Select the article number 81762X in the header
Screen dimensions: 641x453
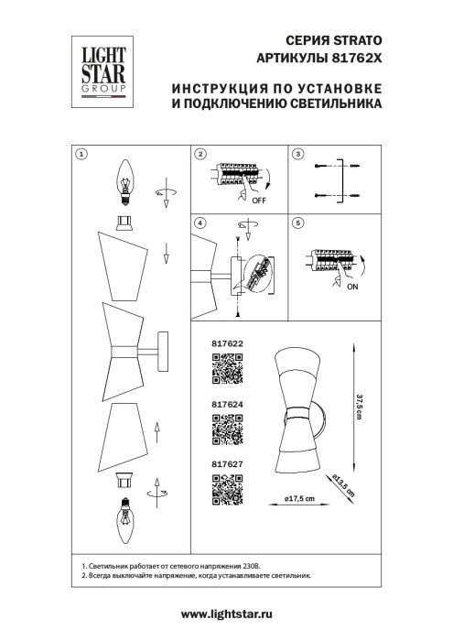click(x=357, y=58)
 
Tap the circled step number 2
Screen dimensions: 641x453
click(x=200, y=154)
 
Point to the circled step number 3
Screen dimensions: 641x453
click(x=297, y=154)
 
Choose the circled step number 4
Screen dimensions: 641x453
click(x=200, y=224)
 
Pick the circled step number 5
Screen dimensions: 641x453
click(x=297, y=224)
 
